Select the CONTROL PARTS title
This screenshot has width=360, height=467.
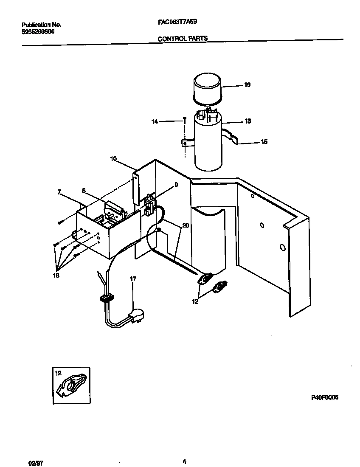pos(183,38)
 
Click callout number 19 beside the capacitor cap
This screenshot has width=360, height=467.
pos(247,85)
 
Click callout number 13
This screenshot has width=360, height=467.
pos(247,121)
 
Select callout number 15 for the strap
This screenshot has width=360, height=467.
pos(264,142)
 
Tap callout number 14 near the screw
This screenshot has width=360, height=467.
pos(155,121)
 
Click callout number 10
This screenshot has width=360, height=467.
pos(113,159)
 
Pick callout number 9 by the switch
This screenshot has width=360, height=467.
pos(176,185)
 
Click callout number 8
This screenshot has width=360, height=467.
pos(84,191)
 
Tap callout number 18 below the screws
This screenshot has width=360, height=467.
pos(56,275)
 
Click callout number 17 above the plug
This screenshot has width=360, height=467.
pos(133,279)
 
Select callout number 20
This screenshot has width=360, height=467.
pos(185,225)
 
